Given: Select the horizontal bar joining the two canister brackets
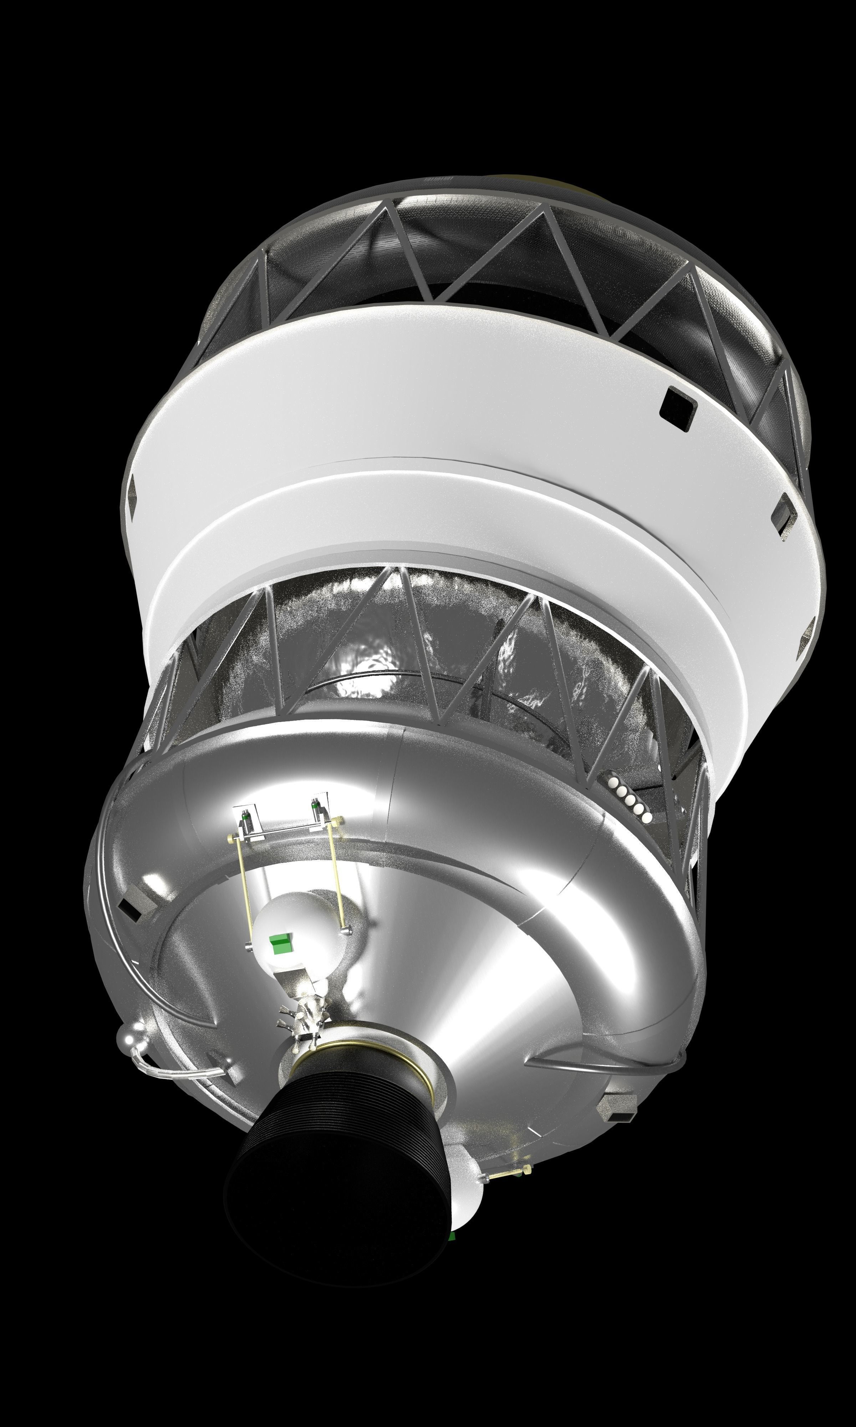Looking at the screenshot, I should pos(282,831).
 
